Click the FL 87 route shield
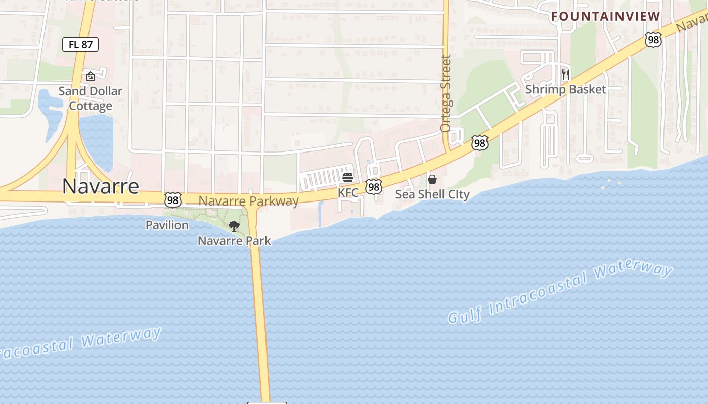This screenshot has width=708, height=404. pyautogui.click(x=80, y=44)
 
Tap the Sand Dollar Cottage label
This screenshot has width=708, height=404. pyautogui.click(x=91, y=98)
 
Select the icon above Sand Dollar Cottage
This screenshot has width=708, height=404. pyautogui.click(x=91, y=76)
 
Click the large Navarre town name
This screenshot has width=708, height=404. pyautogui.click(x=101, y=186)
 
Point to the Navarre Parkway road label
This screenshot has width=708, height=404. pyautogui.click(x=249, y=201)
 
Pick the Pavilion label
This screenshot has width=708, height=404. pyautogui.click(x=167, y=225)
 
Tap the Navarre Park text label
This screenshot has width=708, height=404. pyautogui.click(x=234, y=241)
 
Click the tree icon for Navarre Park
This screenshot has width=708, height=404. pyautogui.click(x=234, y=226)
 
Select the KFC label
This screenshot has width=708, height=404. pyautogui.click(x=348, y=193)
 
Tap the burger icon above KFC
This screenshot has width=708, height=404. pyautogui.click(x=348, y=178)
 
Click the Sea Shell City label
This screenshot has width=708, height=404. pyautogui.click(x=432, y=194)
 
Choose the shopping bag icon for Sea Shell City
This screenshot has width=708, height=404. pyautogui.click(x=432, y=179)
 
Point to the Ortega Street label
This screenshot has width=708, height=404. pyautogui.click(x=446, y=93)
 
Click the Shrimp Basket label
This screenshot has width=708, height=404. pyautogui.click(x=565, y=89)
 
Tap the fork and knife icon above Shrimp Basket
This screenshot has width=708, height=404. pyautogui.click(x=565, y=75)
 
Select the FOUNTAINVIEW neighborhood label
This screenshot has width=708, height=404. pyautogui.click(x=606, y=16)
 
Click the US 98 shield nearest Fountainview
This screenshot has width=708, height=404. pyautogui.click(x=653, y=39)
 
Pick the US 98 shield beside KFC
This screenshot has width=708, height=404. pyautogui.click(x=374, y=187)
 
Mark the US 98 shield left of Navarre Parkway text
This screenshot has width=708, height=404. pyautogui.click(x=173, y=199)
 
